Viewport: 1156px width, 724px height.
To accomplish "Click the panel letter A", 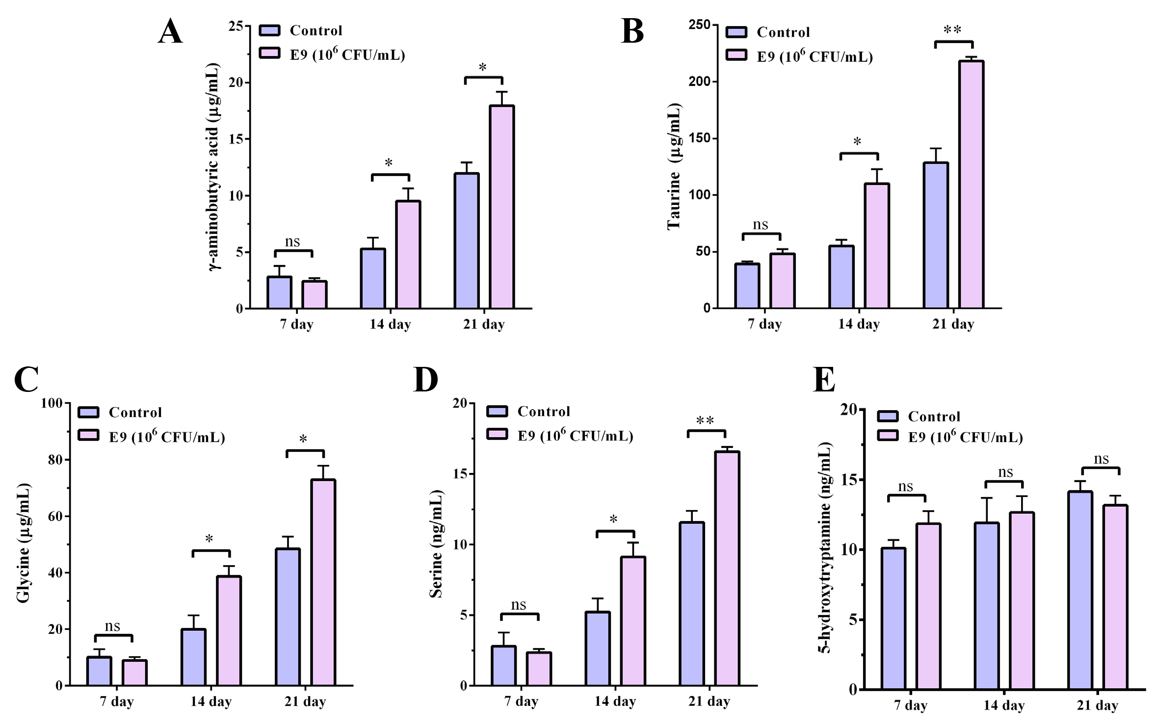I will click(170, 32).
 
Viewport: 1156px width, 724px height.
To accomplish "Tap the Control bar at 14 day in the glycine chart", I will click(193, 657).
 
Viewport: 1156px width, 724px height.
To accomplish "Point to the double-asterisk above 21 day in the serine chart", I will click(705, 421).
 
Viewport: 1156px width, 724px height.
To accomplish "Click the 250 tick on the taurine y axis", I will click(700, 25).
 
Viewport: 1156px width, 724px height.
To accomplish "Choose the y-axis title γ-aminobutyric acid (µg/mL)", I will click(214, 167).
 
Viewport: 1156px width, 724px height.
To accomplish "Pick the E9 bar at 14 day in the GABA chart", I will click(408, 255).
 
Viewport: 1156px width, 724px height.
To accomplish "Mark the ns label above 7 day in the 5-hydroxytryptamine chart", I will click(906, 487).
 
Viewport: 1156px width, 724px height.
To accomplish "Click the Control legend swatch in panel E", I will click(888, 416).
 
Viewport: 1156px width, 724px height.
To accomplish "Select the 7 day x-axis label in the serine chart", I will click(521, 701).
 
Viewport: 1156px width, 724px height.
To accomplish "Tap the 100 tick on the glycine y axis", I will click(53, 403).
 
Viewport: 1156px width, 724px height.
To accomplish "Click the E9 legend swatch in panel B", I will click(736, 55).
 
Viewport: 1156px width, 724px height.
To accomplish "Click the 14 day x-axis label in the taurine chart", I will click(859, 324).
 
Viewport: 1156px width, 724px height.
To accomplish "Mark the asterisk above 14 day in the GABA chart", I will click(389, 163).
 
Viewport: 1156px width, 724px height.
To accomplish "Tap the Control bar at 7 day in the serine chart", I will click(503, 666).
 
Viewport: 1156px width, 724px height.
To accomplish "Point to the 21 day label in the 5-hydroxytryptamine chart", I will click(1098, 706).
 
